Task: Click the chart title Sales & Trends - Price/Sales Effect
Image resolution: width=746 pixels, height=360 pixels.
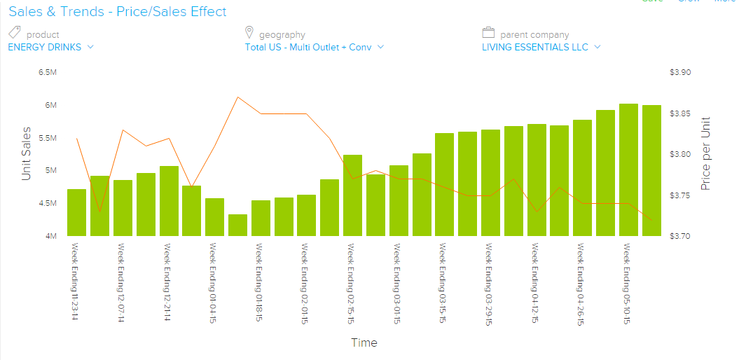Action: coord(118,11)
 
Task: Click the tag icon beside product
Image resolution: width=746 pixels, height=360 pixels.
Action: coord(15,33)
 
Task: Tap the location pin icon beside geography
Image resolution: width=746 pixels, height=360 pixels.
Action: coord(249,33)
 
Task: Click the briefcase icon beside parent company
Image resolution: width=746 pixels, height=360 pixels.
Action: coord(489,33)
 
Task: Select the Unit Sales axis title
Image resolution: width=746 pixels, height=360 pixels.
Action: coord(27,153)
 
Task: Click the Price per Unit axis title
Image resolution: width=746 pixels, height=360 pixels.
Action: coord(706,153)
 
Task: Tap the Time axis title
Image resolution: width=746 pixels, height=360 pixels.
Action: coord(364,342)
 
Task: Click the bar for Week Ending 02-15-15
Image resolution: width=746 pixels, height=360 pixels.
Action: coord(352,195)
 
